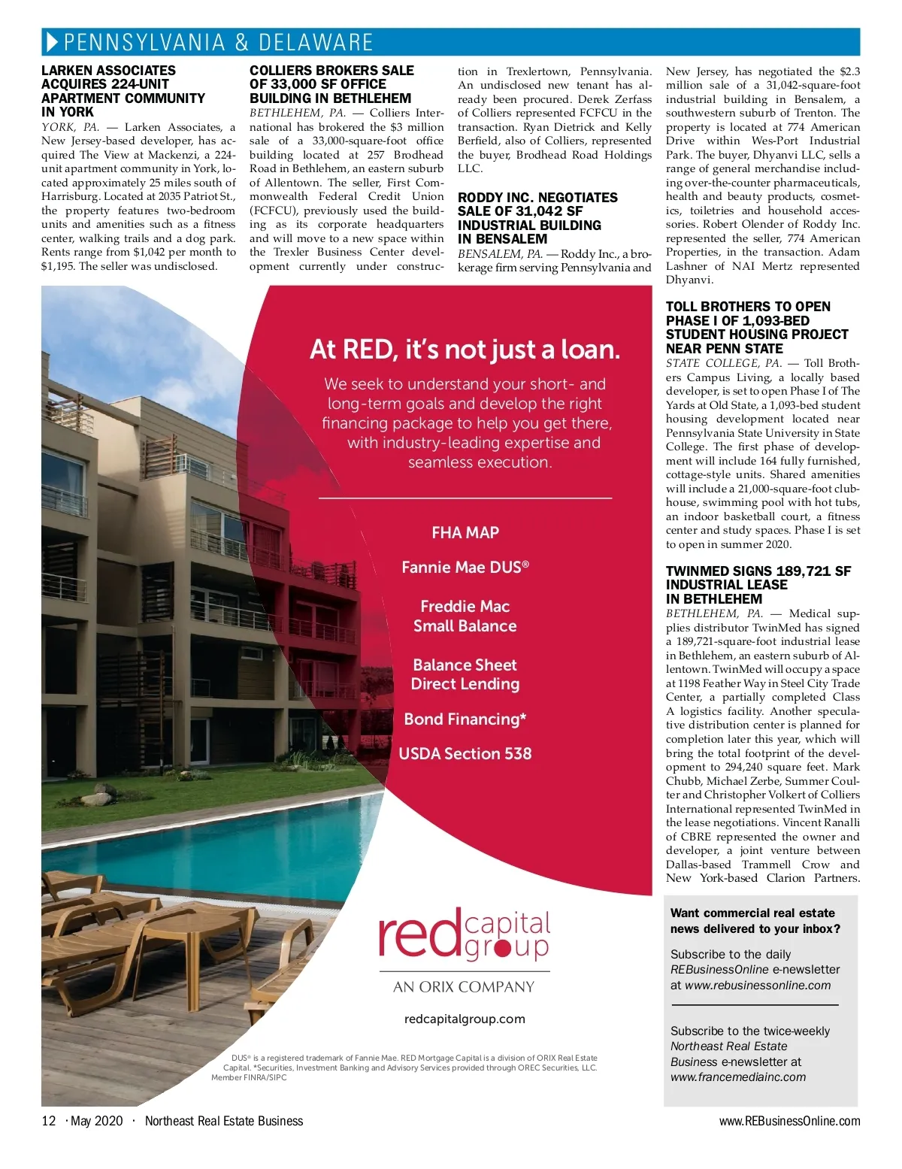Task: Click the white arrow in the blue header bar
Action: point(52,42)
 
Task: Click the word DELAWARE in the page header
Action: point(315,42)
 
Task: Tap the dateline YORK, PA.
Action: point(70,127)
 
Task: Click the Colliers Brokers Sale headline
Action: point(331,84)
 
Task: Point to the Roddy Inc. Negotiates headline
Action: point(537,218)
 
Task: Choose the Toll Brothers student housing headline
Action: point(756,327)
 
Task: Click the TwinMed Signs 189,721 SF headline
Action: point(758,585)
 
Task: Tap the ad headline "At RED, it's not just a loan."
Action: point(465,350)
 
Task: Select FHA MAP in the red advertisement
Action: point(465,533)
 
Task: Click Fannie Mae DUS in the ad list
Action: point(465,568)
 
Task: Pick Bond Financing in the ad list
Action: point(465,719)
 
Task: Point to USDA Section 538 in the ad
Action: point(465,754)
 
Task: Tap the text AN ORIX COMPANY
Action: point(464,987)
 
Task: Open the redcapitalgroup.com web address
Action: point(465,1019)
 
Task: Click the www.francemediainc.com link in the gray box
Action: point(737,1077)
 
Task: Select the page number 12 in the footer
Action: point(49,1121)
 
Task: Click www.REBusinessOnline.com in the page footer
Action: point(789,1121)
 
